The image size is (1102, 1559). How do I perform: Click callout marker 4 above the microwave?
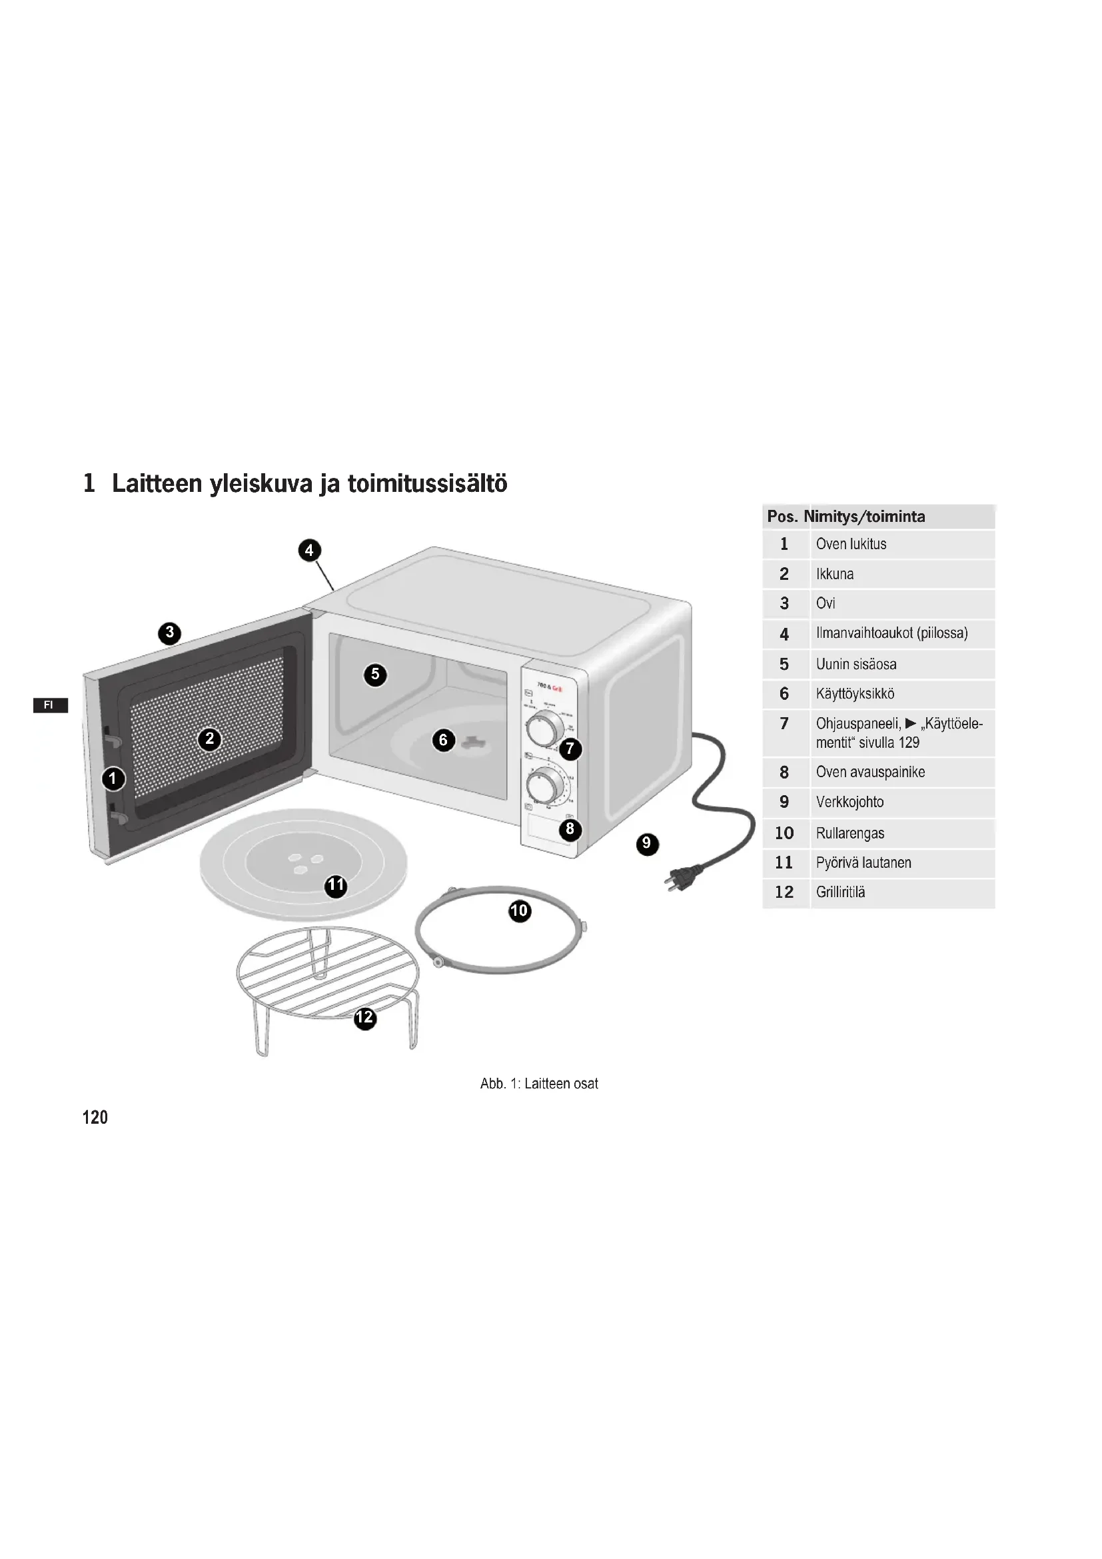coord(309,550)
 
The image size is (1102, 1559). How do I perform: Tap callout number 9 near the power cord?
coord(647,844)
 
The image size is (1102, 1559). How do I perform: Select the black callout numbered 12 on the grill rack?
coord(365,1016)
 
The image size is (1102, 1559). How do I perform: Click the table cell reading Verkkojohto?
coord(849,802)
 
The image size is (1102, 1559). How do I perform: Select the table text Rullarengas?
coord(849,833)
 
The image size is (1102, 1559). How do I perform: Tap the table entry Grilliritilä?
coord(840,892)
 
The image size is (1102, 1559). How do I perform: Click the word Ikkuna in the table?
coord(835,574)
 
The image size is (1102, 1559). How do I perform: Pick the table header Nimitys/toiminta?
coord(864,517)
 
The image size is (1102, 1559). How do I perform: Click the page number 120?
coord(95,1117)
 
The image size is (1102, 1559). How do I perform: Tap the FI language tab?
coord(49,705)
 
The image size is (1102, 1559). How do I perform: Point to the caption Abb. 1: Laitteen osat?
coord(539,1084)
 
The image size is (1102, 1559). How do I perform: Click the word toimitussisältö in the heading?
coord(428,483)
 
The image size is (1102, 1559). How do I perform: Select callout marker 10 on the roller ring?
coord(519,910)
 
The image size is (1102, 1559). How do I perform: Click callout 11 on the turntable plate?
coord(336,885)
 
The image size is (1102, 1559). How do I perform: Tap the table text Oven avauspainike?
coord(870,772)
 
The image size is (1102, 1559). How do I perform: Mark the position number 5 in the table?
coord(784,664)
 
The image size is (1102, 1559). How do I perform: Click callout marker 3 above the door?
coord(170,633)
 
